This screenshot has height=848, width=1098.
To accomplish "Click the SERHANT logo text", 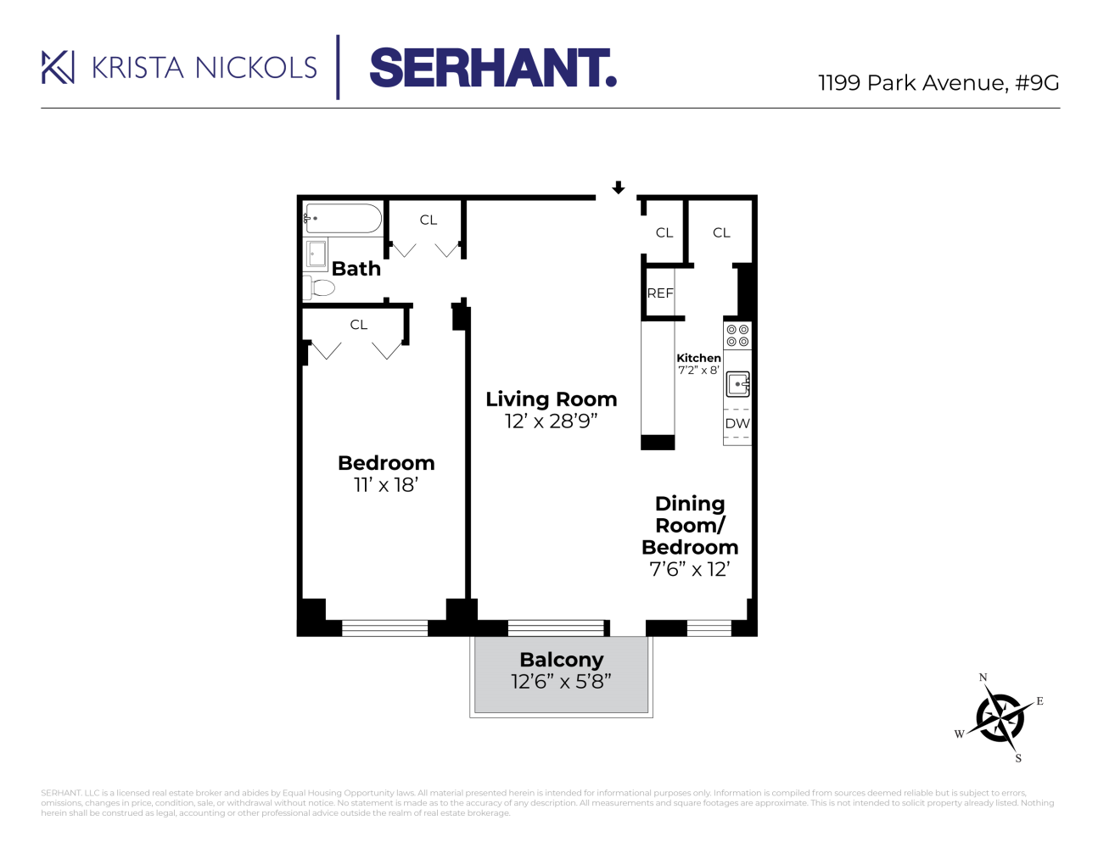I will (x=492, y=68).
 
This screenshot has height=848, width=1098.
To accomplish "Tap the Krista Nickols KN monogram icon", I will (x=58, y=68).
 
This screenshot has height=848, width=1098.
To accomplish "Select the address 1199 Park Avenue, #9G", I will (x=938, y=83).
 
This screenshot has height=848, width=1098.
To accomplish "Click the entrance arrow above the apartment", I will (x=619, y=187).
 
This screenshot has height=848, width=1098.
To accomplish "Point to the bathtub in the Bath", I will (x=343, y=219).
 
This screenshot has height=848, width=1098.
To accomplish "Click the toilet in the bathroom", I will (x=320, y=288).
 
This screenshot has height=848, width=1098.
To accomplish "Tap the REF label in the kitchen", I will (x=660, y=293).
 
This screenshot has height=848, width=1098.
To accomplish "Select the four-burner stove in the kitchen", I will (x=737, y=336).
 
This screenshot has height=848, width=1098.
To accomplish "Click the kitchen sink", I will (x=737, y=384).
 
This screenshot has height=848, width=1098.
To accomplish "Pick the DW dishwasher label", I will (x=737, y=423).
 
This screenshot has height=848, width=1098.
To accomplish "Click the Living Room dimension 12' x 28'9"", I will (x=551, y=421).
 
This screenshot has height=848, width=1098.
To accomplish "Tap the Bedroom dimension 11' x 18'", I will (x=386, y=485).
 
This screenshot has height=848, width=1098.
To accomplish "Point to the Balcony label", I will (x=561, y=660).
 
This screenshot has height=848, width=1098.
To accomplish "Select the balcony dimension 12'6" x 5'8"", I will (x=561, y=682).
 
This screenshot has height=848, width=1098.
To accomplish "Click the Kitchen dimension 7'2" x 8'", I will (x=697, y=371).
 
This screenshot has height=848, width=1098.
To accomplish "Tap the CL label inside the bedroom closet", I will (x=359, y=325).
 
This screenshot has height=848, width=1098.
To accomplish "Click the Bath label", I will (x=356, y=269).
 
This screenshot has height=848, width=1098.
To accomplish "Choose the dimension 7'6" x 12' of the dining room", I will (x=689, y=570).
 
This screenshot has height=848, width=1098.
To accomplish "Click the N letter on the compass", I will (x=983, y=678).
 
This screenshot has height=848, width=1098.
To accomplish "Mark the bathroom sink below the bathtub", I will (x=317, y=254).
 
